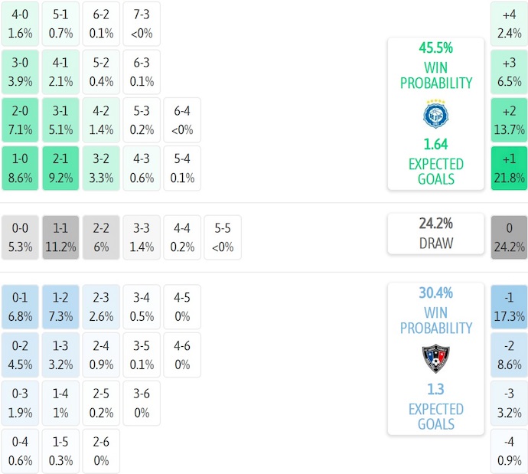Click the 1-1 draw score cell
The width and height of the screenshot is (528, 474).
(60, 237)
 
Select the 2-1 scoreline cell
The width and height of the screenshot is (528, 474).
(60, 168)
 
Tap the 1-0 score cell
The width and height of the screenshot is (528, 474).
(20, 168)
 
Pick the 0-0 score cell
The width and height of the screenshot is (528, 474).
(20, 237)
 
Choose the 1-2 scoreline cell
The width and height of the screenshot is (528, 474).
(60, 307)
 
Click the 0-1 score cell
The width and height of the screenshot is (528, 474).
(20, 307)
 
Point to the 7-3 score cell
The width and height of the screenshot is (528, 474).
(141, 23)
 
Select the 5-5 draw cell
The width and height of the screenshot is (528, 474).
(222, 237)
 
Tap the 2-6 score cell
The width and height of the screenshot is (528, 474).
(101, 452)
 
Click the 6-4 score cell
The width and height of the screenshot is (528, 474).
(181, 119)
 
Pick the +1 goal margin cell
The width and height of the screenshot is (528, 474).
(509, 168)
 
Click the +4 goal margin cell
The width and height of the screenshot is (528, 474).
(509, 23)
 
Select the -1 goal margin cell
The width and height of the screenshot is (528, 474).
(509, 307)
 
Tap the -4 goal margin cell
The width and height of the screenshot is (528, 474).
(509, 452)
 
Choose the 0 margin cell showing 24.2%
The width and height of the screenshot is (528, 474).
(509, 237)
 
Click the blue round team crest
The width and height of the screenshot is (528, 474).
(435, 115)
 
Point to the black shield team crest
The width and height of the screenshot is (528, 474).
(435, 358)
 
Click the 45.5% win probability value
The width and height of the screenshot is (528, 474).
(435, 47)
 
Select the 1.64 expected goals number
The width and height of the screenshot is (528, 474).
(435, 144)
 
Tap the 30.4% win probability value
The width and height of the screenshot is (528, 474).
(435, 293)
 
